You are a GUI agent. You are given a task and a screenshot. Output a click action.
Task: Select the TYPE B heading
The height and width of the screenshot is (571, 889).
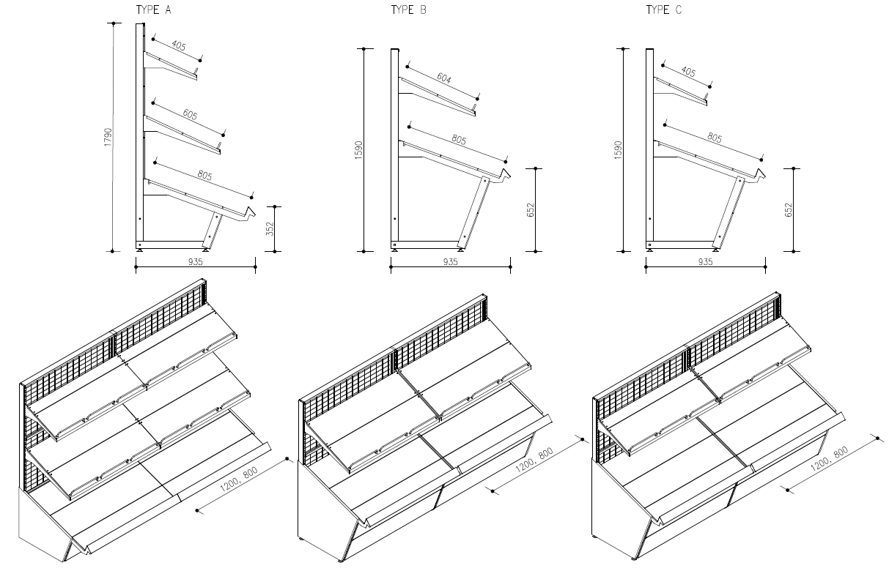408,10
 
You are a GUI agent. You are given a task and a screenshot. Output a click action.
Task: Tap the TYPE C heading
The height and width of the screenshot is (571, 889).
663,10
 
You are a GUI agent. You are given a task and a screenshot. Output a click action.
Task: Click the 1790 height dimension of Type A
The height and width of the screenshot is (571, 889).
108,138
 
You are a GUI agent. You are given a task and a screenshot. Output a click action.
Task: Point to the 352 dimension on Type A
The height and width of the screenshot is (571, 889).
269,229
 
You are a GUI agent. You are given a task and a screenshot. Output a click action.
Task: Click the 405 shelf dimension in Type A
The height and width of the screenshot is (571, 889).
178,46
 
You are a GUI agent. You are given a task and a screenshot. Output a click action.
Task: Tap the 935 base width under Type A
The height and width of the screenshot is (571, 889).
195,261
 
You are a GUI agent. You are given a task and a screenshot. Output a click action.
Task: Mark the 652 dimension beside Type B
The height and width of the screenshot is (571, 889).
531,209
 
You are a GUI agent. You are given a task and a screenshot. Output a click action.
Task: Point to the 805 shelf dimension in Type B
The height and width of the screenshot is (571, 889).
460,138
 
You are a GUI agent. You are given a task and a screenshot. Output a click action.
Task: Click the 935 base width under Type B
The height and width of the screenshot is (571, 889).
450,261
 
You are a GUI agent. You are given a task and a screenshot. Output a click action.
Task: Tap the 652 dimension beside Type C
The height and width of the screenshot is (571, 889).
789,209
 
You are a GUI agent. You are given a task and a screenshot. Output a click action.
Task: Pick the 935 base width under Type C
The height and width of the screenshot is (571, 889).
705,261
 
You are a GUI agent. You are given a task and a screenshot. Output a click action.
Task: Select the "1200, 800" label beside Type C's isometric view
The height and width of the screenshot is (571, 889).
830,461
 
